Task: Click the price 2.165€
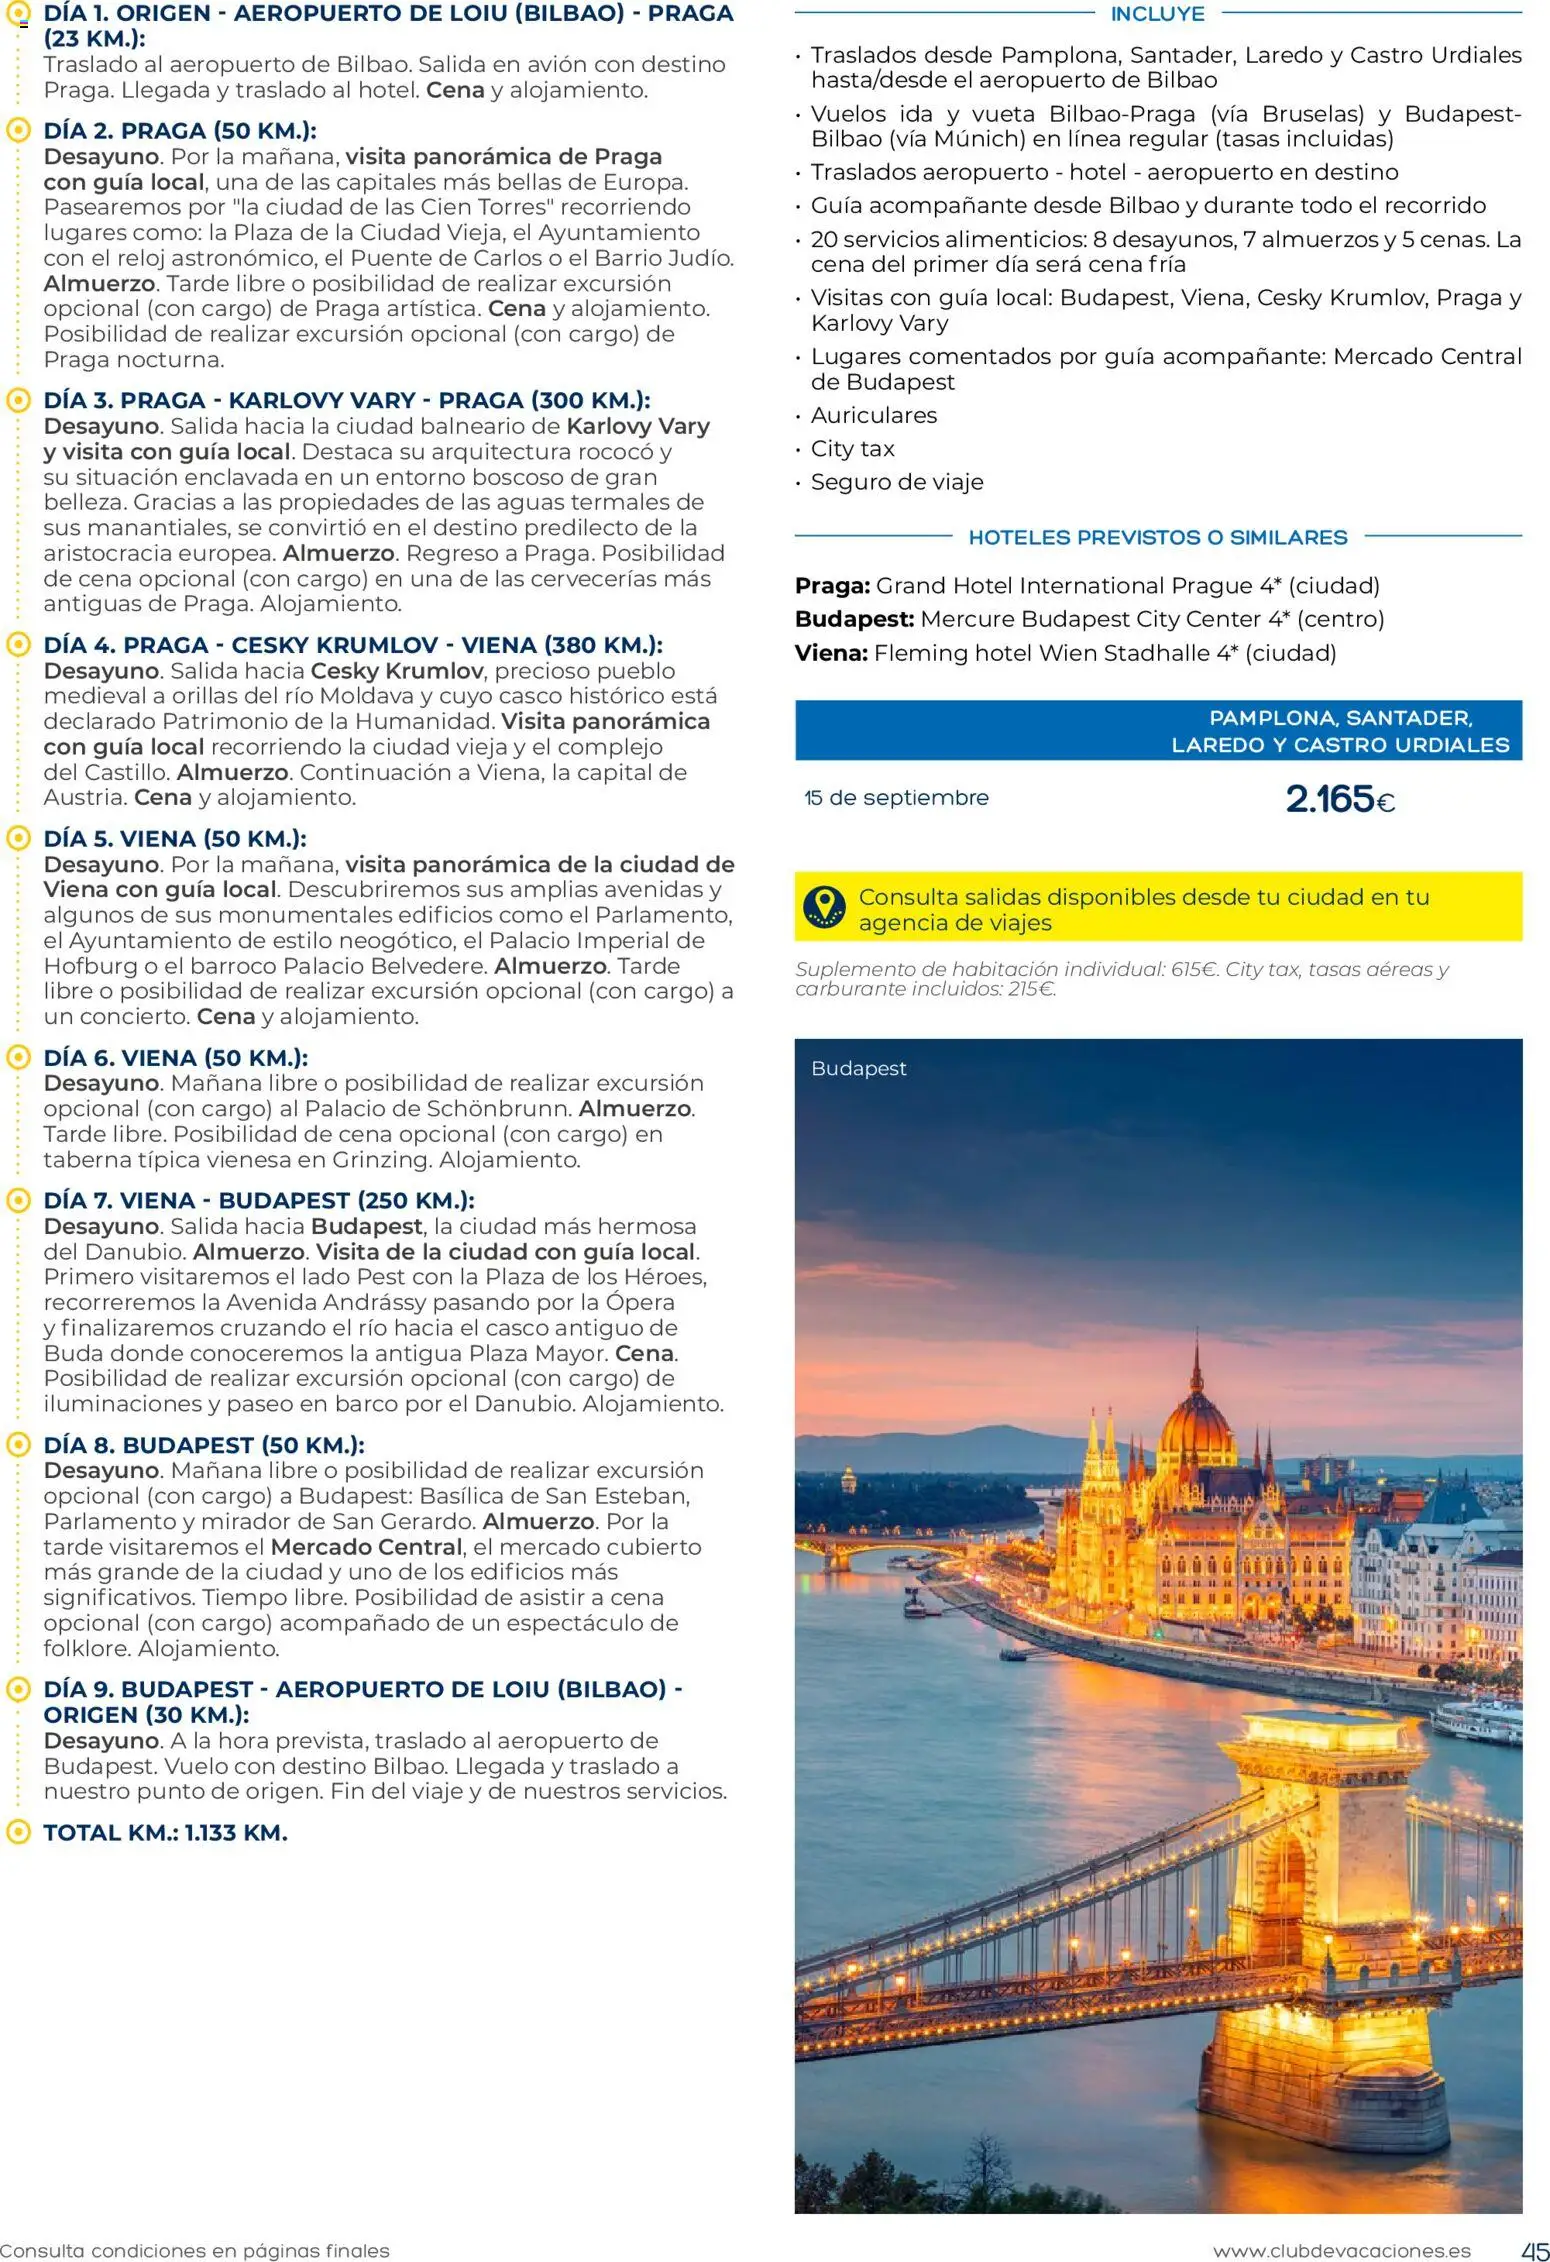pyautogui.click(x=1339, y=799)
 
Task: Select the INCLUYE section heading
pyautogui.click(x=1157, y=14)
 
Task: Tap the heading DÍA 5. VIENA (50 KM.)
pyautogui.click(x=175, y=838)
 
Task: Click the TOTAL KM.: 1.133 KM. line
pyautogui.click(x=165, y=1832)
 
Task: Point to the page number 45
pyautogui.click(x=1534, y=2250)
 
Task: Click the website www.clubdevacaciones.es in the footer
pyautogui.click(x=1341, y=2251)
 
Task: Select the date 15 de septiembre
pyautogui.click(x=896, y=798)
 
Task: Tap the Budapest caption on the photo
pyautogui.click(x=858, y=1068)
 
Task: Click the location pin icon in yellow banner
pyautogui.click(x=823, y=906)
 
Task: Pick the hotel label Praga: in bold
pyautogui.click(x=832, y=586)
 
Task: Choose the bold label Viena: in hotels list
pyautogui.click(x=831, y=653)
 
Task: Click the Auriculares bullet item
pyautogui.click(x=873, y=415)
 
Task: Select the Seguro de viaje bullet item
pyautogui.click(x=896, y=482)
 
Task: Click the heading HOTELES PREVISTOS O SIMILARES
pyautogui.click(x=1157, y=537)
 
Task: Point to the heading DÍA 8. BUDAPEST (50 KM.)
pyautogui.click(x=203, y=1445)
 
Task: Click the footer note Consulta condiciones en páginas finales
pyautogui.click(x=195, y=2251)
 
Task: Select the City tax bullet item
pyautogui.click(x=852, y=449)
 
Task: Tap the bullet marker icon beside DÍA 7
pyautogui.click(x=17, y=1200)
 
